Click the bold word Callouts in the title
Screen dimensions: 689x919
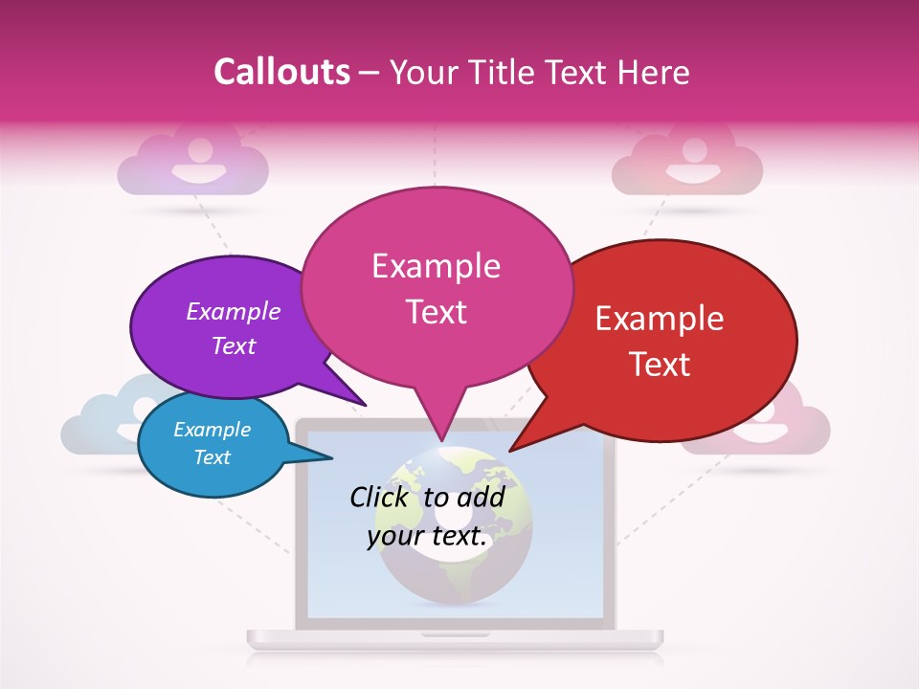click(x=281, y=72)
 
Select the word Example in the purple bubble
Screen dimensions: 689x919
click(x=234, y=311)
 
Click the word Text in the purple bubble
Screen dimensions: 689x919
click(x=234, y=345)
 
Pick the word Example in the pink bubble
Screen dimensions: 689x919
click(x=436, y=266)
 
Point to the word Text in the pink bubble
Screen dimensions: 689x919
click(x=437, y=312)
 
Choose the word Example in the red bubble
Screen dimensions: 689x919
click(x=660, y=319)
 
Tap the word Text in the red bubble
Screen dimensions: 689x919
click(x=660, y=365)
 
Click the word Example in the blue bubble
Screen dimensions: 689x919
click(x=212, y=430)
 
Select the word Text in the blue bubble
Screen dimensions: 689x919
click(x=212, y=457)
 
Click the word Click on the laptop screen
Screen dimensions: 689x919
click(x=382, y=497)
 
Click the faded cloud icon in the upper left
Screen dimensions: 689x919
click(x=192, y=163)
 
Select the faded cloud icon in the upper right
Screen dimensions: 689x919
click(x=687, y=163)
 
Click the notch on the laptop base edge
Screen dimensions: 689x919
click(x=456, y=634)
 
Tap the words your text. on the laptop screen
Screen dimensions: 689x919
click(x=427, y=537)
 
